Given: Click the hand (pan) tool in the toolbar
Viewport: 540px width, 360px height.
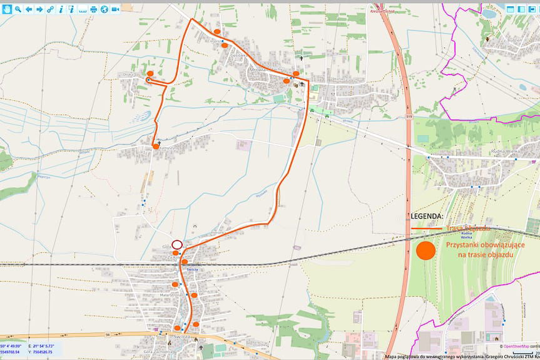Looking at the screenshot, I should [7, 9].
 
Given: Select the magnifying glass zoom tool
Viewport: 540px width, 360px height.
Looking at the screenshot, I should [18, 9].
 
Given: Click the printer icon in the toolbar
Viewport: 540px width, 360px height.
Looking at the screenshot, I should [94, 9].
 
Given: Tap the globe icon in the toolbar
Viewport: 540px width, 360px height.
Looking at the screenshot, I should [104, 9].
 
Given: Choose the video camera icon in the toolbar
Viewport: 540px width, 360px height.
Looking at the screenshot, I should [115, 9].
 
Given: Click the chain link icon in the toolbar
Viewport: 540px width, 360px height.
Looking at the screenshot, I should [51, 9].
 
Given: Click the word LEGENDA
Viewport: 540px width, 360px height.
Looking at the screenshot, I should [427, 216].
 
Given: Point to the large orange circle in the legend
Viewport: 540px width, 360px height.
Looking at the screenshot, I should [425, 250].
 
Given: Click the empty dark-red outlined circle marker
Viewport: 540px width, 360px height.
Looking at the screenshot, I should [177, 245].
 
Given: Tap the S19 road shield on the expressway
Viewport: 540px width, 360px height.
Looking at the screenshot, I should [409, 116].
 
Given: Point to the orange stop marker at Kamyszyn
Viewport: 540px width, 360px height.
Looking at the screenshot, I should [155, 146].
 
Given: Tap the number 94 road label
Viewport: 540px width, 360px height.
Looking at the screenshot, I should [108, 335].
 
